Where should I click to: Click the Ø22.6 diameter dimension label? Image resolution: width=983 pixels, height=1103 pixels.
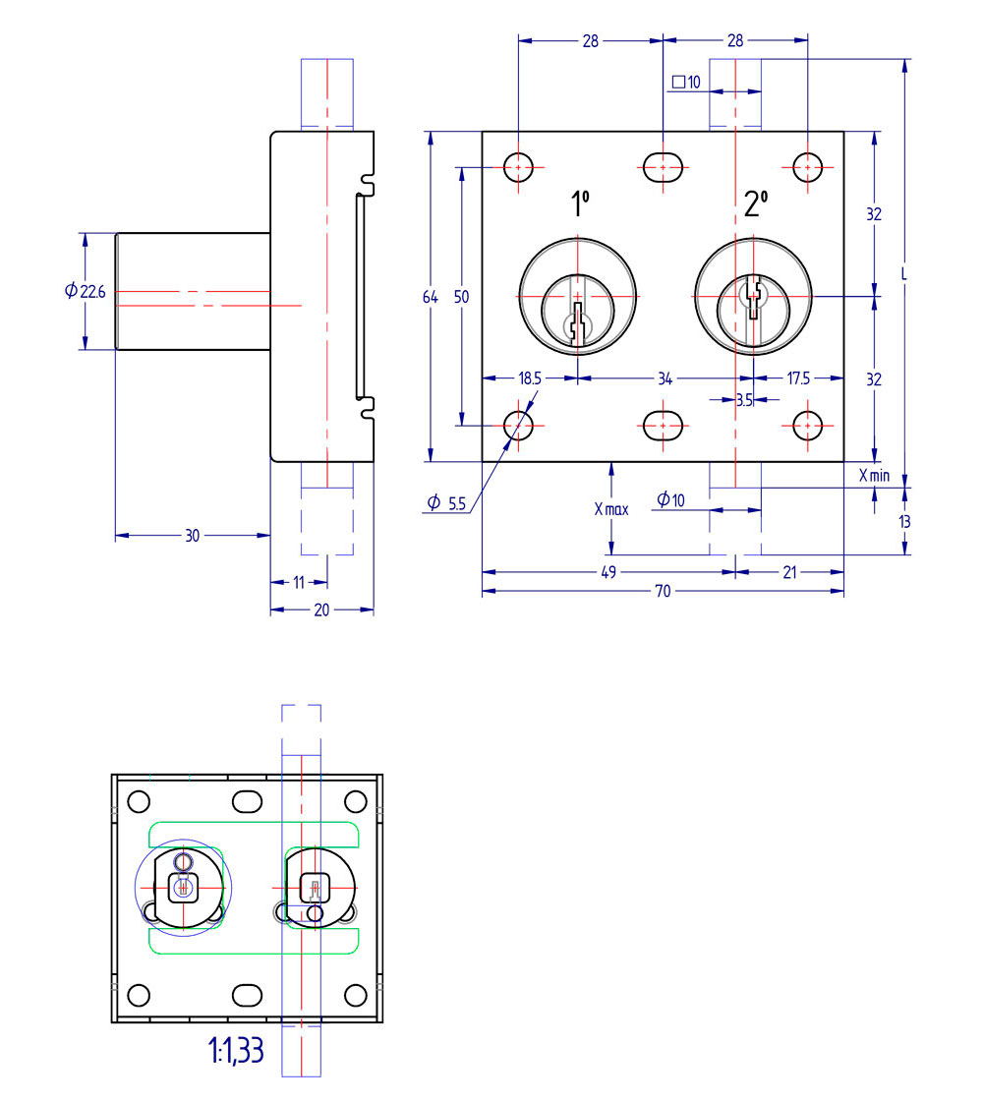[x=86, y=291]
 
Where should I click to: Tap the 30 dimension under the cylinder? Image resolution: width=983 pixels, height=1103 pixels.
[x=192, y=536]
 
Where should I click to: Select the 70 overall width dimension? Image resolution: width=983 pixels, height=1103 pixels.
[x=663, y=591]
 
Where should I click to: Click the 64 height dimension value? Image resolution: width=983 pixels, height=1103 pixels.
[x=431, y=297]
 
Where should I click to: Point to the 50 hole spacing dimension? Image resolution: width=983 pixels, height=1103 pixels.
[x=461, y=297]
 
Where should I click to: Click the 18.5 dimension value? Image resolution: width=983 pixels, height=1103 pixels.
[x=530, y=378]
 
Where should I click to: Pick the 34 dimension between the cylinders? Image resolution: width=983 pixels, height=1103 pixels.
[x=665, y=378]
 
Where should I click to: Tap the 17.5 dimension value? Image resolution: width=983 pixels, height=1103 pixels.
[x=798, y=378]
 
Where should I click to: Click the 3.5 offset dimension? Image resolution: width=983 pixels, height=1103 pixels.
[x=745, y=400]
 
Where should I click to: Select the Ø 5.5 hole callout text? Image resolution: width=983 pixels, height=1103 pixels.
[x=446, y=503]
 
